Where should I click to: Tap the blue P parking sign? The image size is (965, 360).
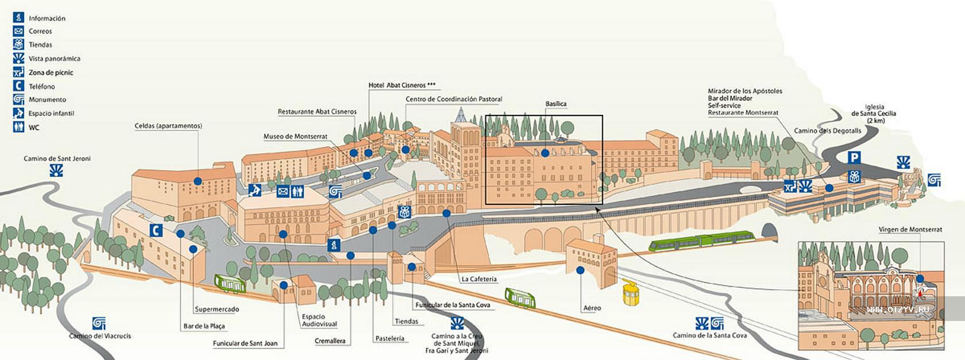854,157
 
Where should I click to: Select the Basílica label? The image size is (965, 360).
556,104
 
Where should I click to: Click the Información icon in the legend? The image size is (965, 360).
18,18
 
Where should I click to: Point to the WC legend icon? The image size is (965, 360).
18,127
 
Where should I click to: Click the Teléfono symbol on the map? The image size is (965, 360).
156,230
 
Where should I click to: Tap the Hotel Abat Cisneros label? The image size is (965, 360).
402,85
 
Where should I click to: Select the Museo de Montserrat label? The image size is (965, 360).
295,137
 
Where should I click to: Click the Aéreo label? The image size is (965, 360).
592,308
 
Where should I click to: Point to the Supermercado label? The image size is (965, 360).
217,309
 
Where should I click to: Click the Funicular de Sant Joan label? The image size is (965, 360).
245,343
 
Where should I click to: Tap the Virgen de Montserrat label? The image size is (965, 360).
910,230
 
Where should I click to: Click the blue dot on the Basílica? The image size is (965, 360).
545,153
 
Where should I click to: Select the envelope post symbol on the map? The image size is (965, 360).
283,191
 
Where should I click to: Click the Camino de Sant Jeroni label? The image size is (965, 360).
57,158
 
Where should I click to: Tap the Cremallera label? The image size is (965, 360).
330,341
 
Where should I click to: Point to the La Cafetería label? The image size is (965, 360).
479,279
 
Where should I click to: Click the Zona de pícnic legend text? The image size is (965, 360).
51,73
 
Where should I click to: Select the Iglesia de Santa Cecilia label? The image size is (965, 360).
874,114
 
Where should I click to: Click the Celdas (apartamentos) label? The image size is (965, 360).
168,126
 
